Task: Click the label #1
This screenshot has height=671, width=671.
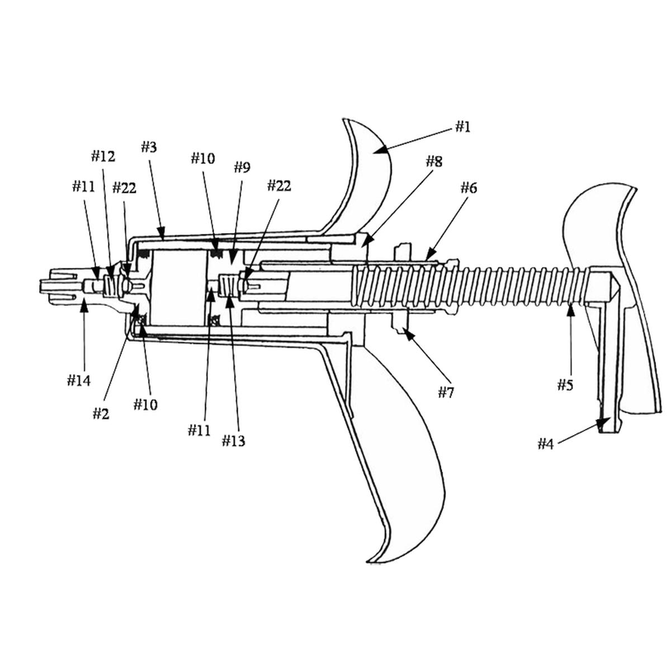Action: [461, 127]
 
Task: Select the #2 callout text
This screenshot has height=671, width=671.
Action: [101, 414]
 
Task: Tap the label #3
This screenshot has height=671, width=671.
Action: [148, 148]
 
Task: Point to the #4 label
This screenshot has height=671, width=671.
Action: [545, 444]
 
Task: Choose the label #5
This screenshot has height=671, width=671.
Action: [565, 385]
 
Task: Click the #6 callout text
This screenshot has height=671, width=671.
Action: [469, 188]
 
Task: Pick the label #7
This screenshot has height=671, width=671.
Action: [445, 393]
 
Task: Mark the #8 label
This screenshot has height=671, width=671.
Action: [434, 162]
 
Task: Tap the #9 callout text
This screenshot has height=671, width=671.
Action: [242, 167]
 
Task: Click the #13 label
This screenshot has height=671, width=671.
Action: [233, 441]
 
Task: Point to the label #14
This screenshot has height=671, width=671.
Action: [79, 381]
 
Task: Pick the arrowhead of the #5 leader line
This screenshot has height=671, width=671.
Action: [570, 307]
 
